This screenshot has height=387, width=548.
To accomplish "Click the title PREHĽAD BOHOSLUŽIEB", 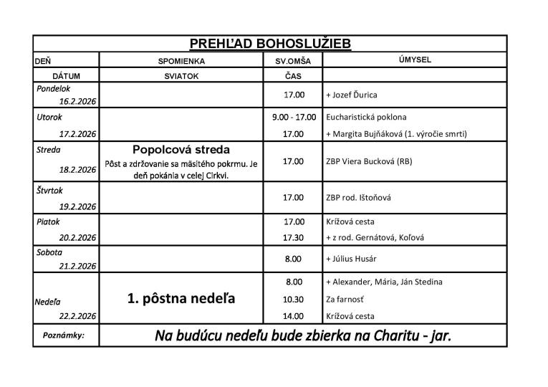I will pos(271,44).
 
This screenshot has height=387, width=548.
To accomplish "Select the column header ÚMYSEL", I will pos(415,60).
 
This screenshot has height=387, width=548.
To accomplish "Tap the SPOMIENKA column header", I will pos(181,61).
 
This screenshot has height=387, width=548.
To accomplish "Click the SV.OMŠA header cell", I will pos(293,61).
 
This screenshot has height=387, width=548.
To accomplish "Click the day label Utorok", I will pos(49,117).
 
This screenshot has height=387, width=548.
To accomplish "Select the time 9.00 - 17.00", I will pos(294,116).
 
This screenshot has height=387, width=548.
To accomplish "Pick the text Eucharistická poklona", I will pos(366,116).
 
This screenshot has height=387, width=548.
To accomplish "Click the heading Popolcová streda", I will pos(181,150).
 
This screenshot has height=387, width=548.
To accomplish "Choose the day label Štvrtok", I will pos(50,190).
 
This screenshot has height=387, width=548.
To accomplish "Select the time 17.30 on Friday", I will pos(294,237).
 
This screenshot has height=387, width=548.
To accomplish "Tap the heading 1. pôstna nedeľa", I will pos(181,299).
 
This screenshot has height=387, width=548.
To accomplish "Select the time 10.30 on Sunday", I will pos(294,299).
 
